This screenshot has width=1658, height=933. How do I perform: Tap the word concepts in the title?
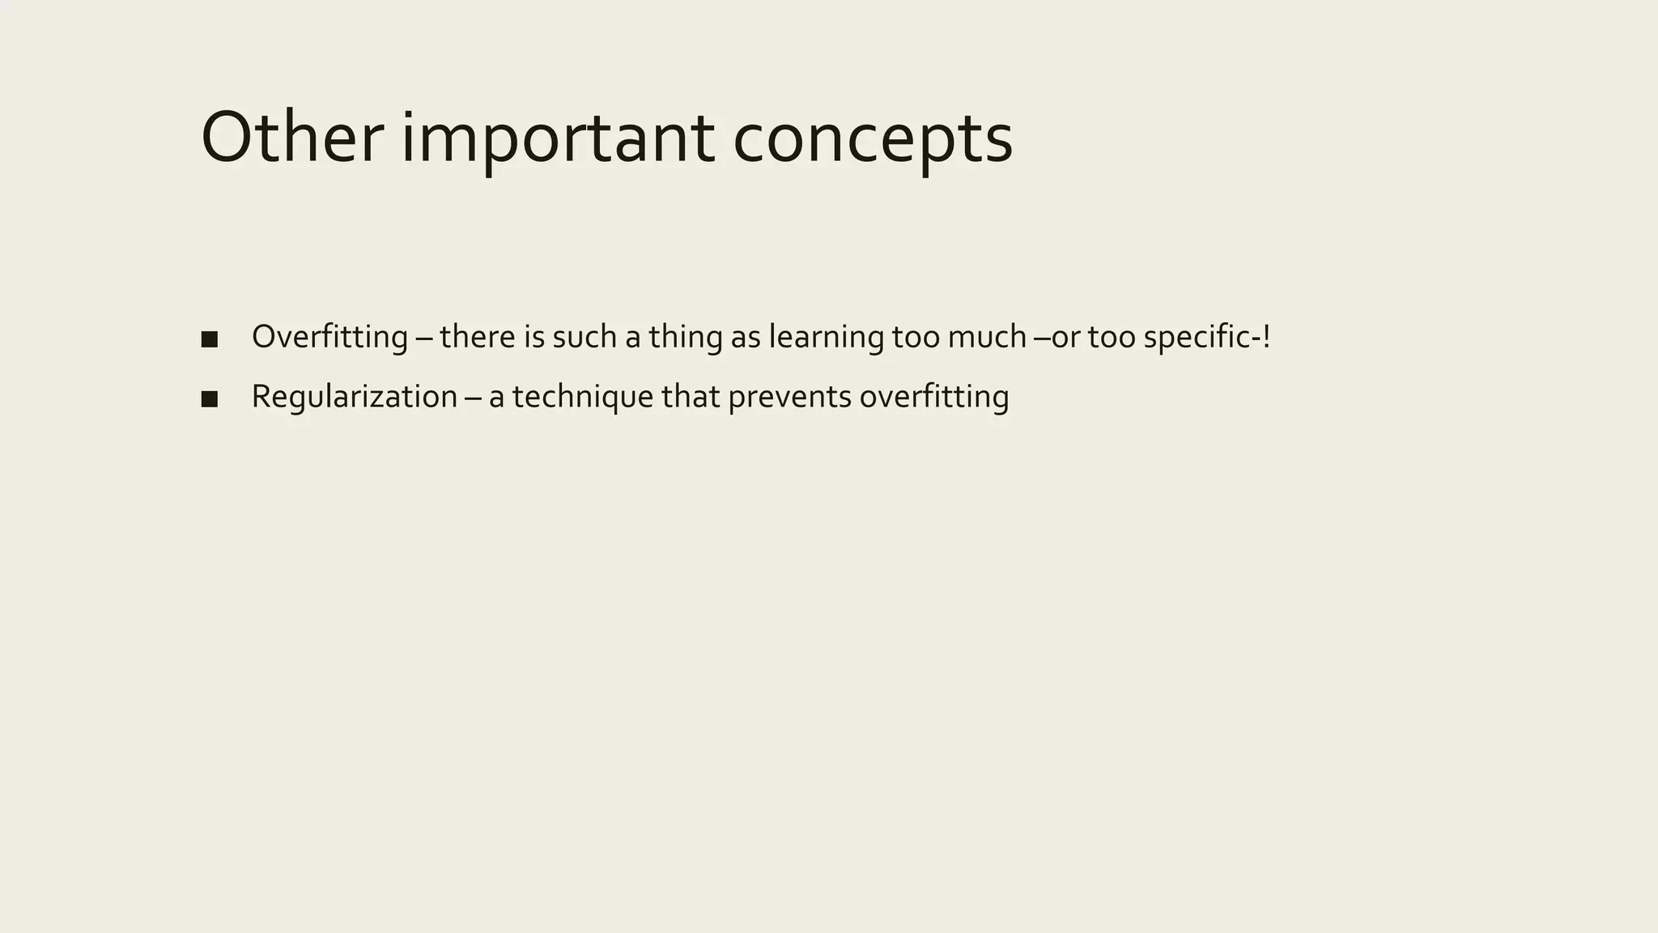873,139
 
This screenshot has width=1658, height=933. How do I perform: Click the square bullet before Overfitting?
209,339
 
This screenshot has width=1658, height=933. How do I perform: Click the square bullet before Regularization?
209,398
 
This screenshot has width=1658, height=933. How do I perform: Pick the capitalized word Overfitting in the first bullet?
329,337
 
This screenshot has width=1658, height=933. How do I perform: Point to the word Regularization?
355,397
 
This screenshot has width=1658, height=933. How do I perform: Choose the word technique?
582,397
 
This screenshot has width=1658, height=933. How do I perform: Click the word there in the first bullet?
477,337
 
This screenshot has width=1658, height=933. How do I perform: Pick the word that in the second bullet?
690,397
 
